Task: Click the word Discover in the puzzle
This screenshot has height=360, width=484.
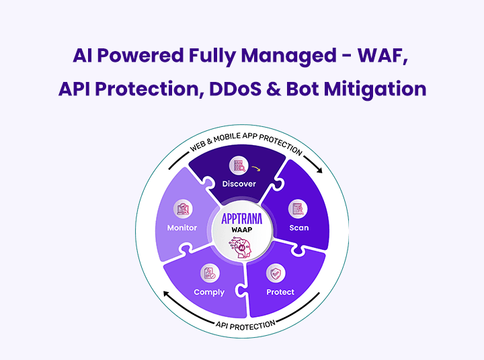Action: pyautogui.click(x=240, y=184)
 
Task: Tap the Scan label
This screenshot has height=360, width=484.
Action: pyautogui.click(x=299, y=228)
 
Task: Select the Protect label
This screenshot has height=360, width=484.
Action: pyautogui.click(x=280, y=292)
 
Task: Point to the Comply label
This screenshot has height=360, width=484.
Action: pyautogui.click(x=209, y=292)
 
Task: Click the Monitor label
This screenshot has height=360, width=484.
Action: pyautogui.click(x=182, y=228)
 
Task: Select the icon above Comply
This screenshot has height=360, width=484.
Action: pyautogui.click(x=208, y=273)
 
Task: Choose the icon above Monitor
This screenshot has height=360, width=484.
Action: pyautogui.click(x=182, y=209)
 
